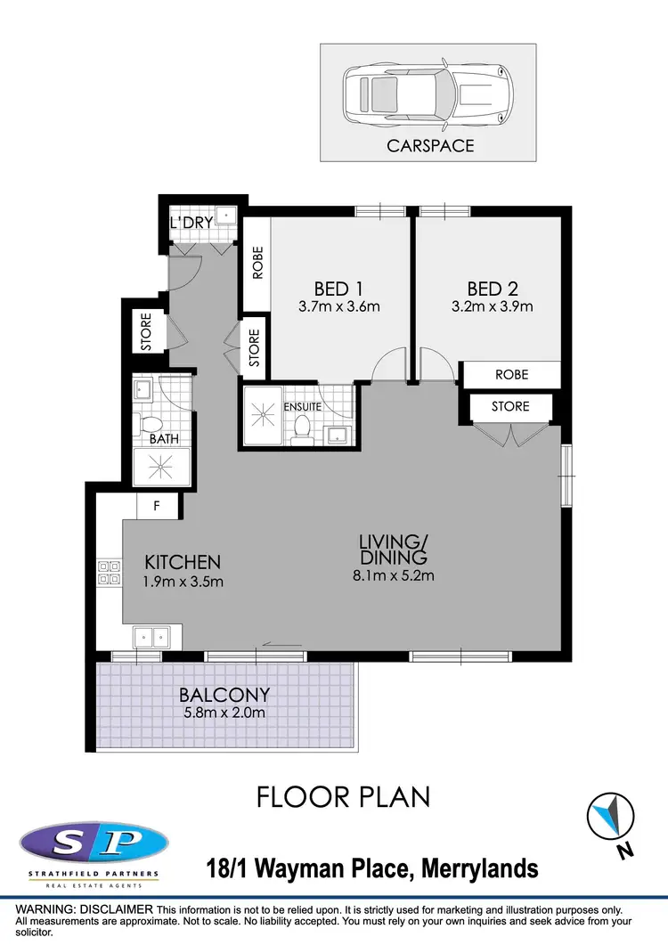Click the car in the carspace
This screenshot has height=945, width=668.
click(427, 91)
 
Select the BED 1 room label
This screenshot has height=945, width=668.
click(338, 289)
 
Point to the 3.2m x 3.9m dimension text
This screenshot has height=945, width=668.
click(492, 307)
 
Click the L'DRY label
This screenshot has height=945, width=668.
click(191, 222)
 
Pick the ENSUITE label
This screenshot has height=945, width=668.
click(302, 407)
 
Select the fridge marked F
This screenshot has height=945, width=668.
click(157, 506)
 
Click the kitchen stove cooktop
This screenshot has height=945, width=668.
click(109, 573)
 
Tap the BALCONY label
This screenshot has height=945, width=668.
click(224, 695)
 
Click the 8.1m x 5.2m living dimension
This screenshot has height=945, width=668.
click(393, 575)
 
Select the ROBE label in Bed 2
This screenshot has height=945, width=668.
click(511, 375)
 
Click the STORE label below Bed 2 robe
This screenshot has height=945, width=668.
click(510, 406)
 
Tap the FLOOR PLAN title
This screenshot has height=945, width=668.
click(343, 796)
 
